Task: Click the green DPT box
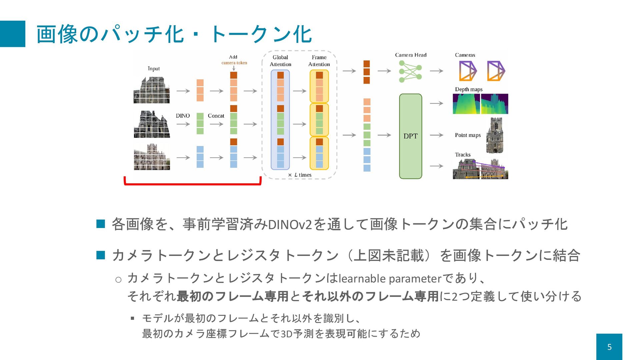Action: click(410, 136)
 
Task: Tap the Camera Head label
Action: click(411, 55)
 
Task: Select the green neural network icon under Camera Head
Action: click(410, 71)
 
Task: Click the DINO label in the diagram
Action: click(183, 116)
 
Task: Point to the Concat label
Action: click(216, 116)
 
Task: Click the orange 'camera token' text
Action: click(234, 63)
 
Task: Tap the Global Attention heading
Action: click(280, 61)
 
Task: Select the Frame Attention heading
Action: click(319, 61)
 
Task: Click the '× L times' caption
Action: click(300, 175)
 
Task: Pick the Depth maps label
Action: click(469, 89)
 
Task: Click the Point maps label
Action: click(468, 135)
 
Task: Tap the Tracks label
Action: click(463, 155)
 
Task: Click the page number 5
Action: click(609, 347)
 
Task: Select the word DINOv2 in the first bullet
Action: click(290, 225)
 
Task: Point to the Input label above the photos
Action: click(154, 69)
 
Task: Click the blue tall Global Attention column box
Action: click(280, 120)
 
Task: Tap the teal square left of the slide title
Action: click(13, 34)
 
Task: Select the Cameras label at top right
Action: click(465, 55)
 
